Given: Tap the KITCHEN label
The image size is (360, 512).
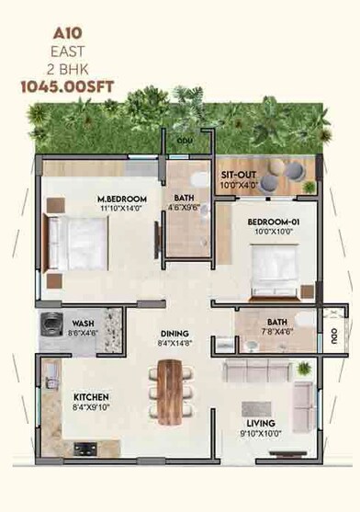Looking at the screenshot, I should click(x=92, y=398).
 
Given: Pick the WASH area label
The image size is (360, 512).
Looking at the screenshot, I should click(x=83, y=324).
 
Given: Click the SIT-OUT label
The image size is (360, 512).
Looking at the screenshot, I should click(x=238, y=175).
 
